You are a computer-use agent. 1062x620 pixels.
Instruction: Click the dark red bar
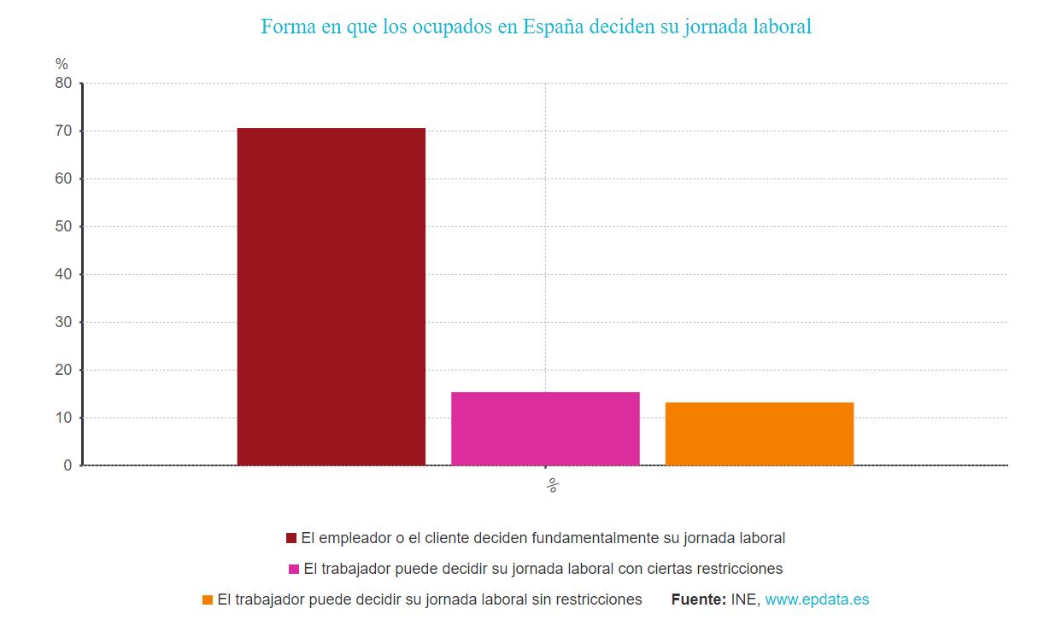(331, 296)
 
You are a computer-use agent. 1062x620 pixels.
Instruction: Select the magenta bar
(545, 429)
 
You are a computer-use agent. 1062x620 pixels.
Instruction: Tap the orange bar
(759, 434)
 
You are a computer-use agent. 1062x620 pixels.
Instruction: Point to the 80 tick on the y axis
(63, 83)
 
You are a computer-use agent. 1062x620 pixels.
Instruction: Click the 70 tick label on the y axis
(63, 131)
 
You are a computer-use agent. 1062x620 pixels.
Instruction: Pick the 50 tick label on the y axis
(63, 226)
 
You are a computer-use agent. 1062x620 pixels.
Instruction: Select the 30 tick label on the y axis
(63, 322)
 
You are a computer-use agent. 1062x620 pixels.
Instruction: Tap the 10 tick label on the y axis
(63, 418)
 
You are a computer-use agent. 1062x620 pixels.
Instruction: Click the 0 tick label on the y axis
(67, 465)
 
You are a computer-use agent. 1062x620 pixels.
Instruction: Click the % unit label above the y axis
(62, 64)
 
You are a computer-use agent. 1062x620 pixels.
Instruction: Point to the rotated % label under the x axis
(552, 486)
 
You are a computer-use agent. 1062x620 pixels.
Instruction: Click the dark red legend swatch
(291, 538)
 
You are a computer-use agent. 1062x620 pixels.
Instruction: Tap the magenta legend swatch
(294, 569)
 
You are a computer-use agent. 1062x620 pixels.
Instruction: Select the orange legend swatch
(208, 600)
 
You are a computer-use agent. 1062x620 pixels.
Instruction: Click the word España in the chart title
(554, 26)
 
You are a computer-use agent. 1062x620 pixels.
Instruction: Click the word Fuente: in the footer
(699, 600)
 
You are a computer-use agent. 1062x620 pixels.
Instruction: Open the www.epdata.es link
(817, 600)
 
